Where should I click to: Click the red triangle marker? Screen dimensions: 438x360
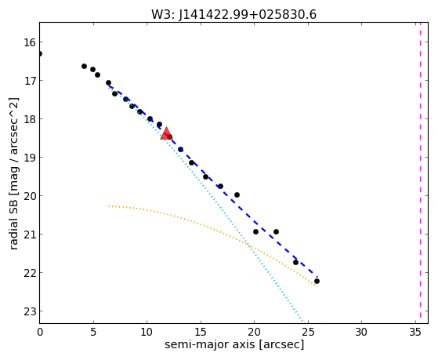coord(166,133)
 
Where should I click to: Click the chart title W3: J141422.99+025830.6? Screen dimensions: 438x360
coord(233,15)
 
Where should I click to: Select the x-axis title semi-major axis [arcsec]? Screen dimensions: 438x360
coord(234,344)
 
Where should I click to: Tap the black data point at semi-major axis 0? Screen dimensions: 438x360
coord(40,53)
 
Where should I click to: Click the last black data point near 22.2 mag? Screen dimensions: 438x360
coord(317,281)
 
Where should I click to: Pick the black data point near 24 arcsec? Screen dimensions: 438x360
coord(295,262)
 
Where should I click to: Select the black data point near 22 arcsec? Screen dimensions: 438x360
coord(276,231)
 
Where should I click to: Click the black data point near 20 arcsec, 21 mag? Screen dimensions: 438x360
coord(255,231)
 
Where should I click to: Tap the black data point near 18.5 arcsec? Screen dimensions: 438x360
coord(237,195)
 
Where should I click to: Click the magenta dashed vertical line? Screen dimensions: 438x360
coord(420,173)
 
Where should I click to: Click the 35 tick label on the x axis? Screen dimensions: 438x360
coord(414,333)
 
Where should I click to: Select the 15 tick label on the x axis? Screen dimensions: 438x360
coord(201,333)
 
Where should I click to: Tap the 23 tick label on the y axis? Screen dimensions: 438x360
coord(30,311)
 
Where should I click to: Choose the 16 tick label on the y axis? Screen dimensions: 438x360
coord(30,42)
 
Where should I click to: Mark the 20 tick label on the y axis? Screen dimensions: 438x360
coord(30,196)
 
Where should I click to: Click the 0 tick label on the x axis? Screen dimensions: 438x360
coord(40,333)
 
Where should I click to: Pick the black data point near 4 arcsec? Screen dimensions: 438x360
coord(84,67)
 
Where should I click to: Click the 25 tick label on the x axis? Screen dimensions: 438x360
coord(308,333)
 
